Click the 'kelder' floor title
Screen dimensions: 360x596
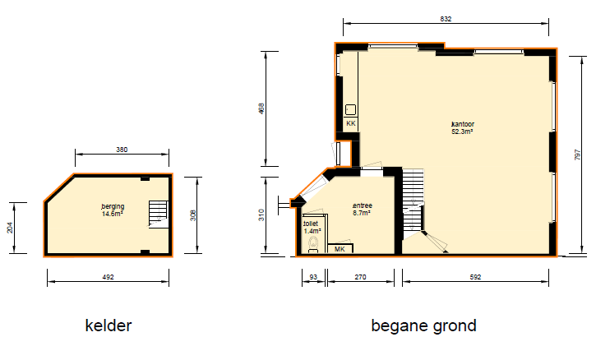109,325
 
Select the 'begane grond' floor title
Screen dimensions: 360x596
423,325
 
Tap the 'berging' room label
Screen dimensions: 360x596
113,205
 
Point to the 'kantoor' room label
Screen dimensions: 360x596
463,125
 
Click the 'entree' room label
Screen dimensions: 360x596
362,205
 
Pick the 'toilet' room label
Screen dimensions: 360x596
311,223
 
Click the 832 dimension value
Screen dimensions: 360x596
446,19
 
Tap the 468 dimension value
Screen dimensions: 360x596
261,110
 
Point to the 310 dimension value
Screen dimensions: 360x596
261,215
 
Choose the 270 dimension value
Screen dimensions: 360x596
360,277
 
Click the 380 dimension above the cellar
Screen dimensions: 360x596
122,150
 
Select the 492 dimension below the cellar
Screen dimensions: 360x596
108,277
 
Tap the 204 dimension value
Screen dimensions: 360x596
10,228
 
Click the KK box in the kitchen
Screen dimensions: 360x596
350,123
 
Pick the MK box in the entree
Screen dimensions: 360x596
340,248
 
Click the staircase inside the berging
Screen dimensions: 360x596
157,214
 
